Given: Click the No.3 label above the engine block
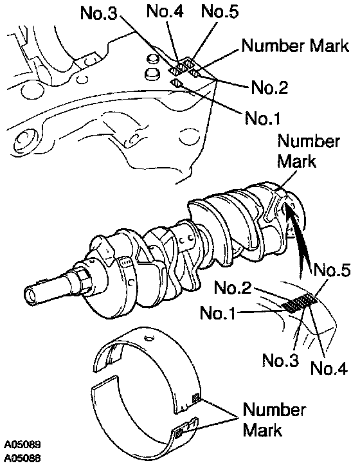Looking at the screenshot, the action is coord(99,13).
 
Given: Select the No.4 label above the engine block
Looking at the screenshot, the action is coord(165,12).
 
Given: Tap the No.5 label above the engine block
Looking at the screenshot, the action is coord(220,12).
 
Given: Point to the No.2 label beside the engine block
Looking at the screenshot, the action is coord(269,87).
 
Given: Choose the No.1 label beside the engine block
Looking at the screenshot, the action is coord(263,118).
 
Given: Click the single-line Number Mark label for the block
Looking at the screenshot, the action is coord(295,46).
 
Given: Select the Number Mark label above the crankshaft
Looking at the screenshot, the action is coord(309,151).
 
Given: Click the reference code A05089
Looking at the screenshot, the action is coord(22,444).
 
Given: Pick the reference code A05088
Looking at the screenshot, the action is coord(22,458).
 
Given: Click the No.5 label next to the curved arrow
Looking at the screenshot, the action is coord(331,270).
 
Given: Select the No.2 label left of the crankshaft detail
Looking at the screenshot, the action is coord(233,288).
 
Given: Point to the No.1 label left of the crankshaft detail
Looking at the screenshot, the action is coord(218,313).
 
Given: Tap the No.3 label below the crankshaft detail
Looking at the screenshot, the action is coord(280,360).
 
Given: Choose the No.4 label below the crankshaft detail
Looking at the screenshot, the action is coord(329,368).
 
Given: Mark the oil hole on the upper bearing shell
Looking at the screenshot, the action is coord(150,338).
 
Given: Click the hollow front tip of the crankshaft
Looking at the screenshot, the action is coord(30,295).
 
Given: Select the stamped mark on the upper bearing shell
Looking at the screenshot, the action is coord(196,397).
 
